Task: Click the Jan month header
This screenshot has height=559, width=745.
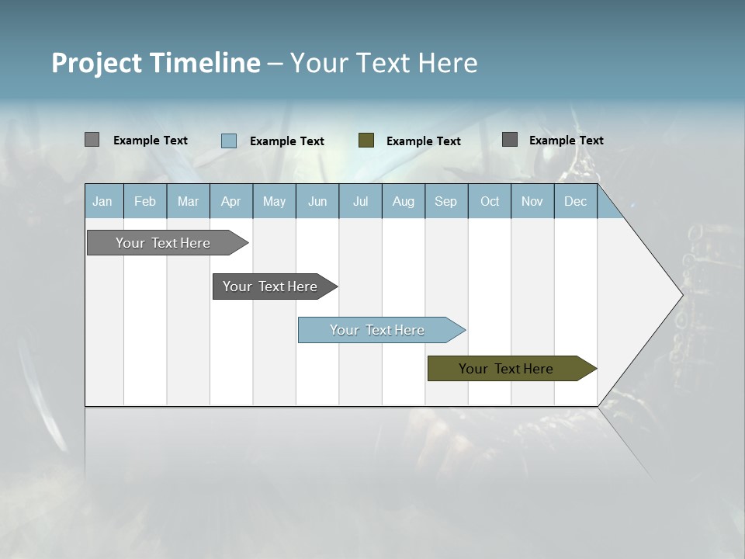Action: click(102, 201)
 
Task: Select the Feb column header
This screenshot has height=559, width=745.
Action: click(145, 201)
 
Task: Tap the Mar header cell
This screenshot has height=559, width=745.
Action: click(188, 201)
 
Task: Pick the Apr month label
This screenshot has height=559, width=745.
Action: click(230, 201)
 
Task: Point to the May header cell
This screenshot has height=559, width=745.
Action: click(274, 201)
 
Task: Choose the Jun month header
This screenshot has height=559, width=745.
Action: click(317, 201)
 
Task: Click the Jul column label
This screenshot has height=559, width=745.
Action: click(360, 201)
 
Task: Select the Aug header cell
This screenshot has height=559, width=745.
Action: click(404, 201)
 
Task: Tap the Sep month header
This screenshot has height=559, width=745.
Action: click(445, 201)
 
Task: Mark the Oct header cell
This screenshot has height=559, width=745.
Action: click(490, 201)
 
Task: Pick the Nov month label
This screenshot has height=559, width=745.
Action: click(532, 201)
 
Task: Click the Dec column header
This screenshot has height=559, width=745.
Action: click(575, 201)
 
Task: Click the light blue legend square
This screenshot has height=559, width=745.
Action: click(229, 141)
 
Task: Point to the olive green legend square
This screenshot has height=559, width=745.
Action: click(366, 141)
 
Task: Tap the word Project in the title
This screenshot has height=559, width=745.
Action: click(97, 63)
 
